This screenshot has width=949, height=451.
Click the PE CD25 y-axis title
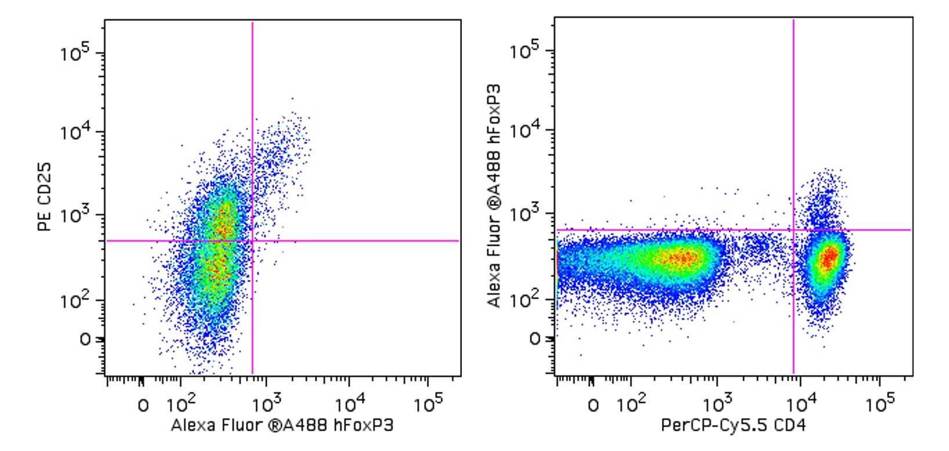tap(45, 197)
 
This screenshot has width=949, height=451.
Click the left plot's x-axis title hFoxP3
tap(282, 425)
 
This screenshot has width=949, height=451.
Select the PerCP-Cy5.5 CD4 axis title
tap(733, 425)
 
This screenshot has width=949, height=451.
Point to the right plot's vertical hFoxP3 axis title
tap(494, 196)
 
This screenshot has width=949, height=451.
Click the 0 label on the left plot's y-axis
tap(85, 340)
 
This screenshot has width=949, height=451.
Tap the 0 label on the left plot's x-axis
tap(143, 406)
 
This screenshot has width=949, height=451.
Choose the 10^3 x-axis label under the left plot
tap(267, 404)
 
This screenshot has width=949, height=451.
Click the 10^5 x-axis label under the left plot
tap(428, 404)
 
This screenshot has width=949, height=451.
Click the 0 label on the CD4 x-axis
tap(593, 406)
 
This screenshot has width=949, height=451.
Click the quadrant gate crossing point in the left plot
tap(252, 241)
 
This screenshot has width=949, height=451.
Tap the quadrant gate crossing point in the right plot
tap(794, 230)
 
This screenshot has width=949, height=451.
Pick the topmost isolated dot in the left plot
tap(292, 98)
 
